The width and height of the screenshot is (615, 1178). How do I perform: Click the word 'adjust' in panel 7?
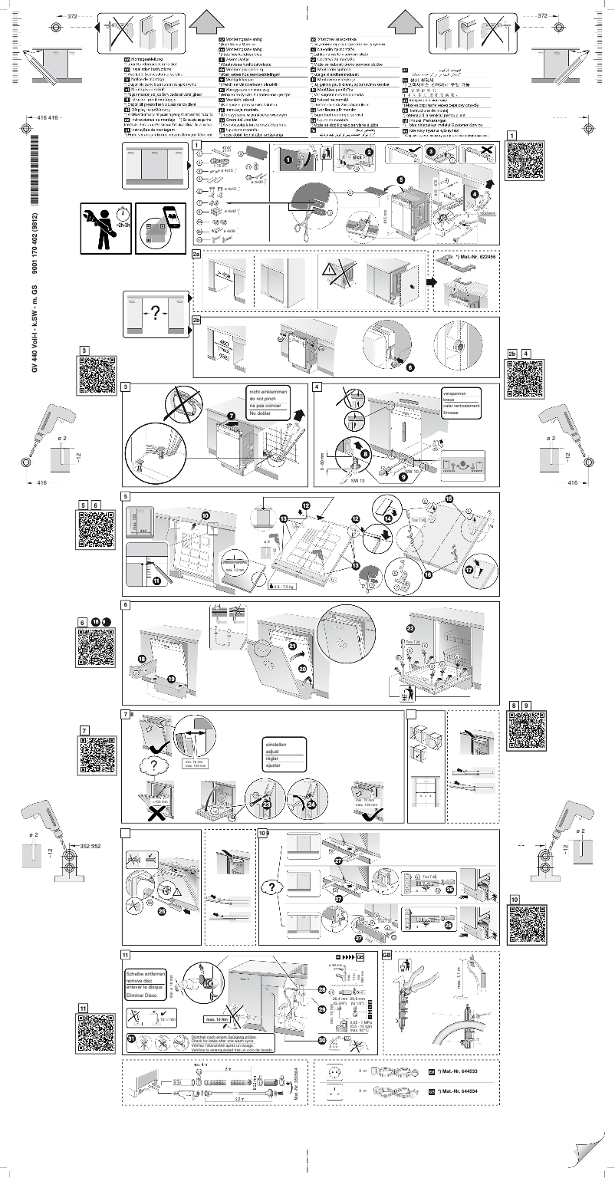(x=273, y=752)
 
